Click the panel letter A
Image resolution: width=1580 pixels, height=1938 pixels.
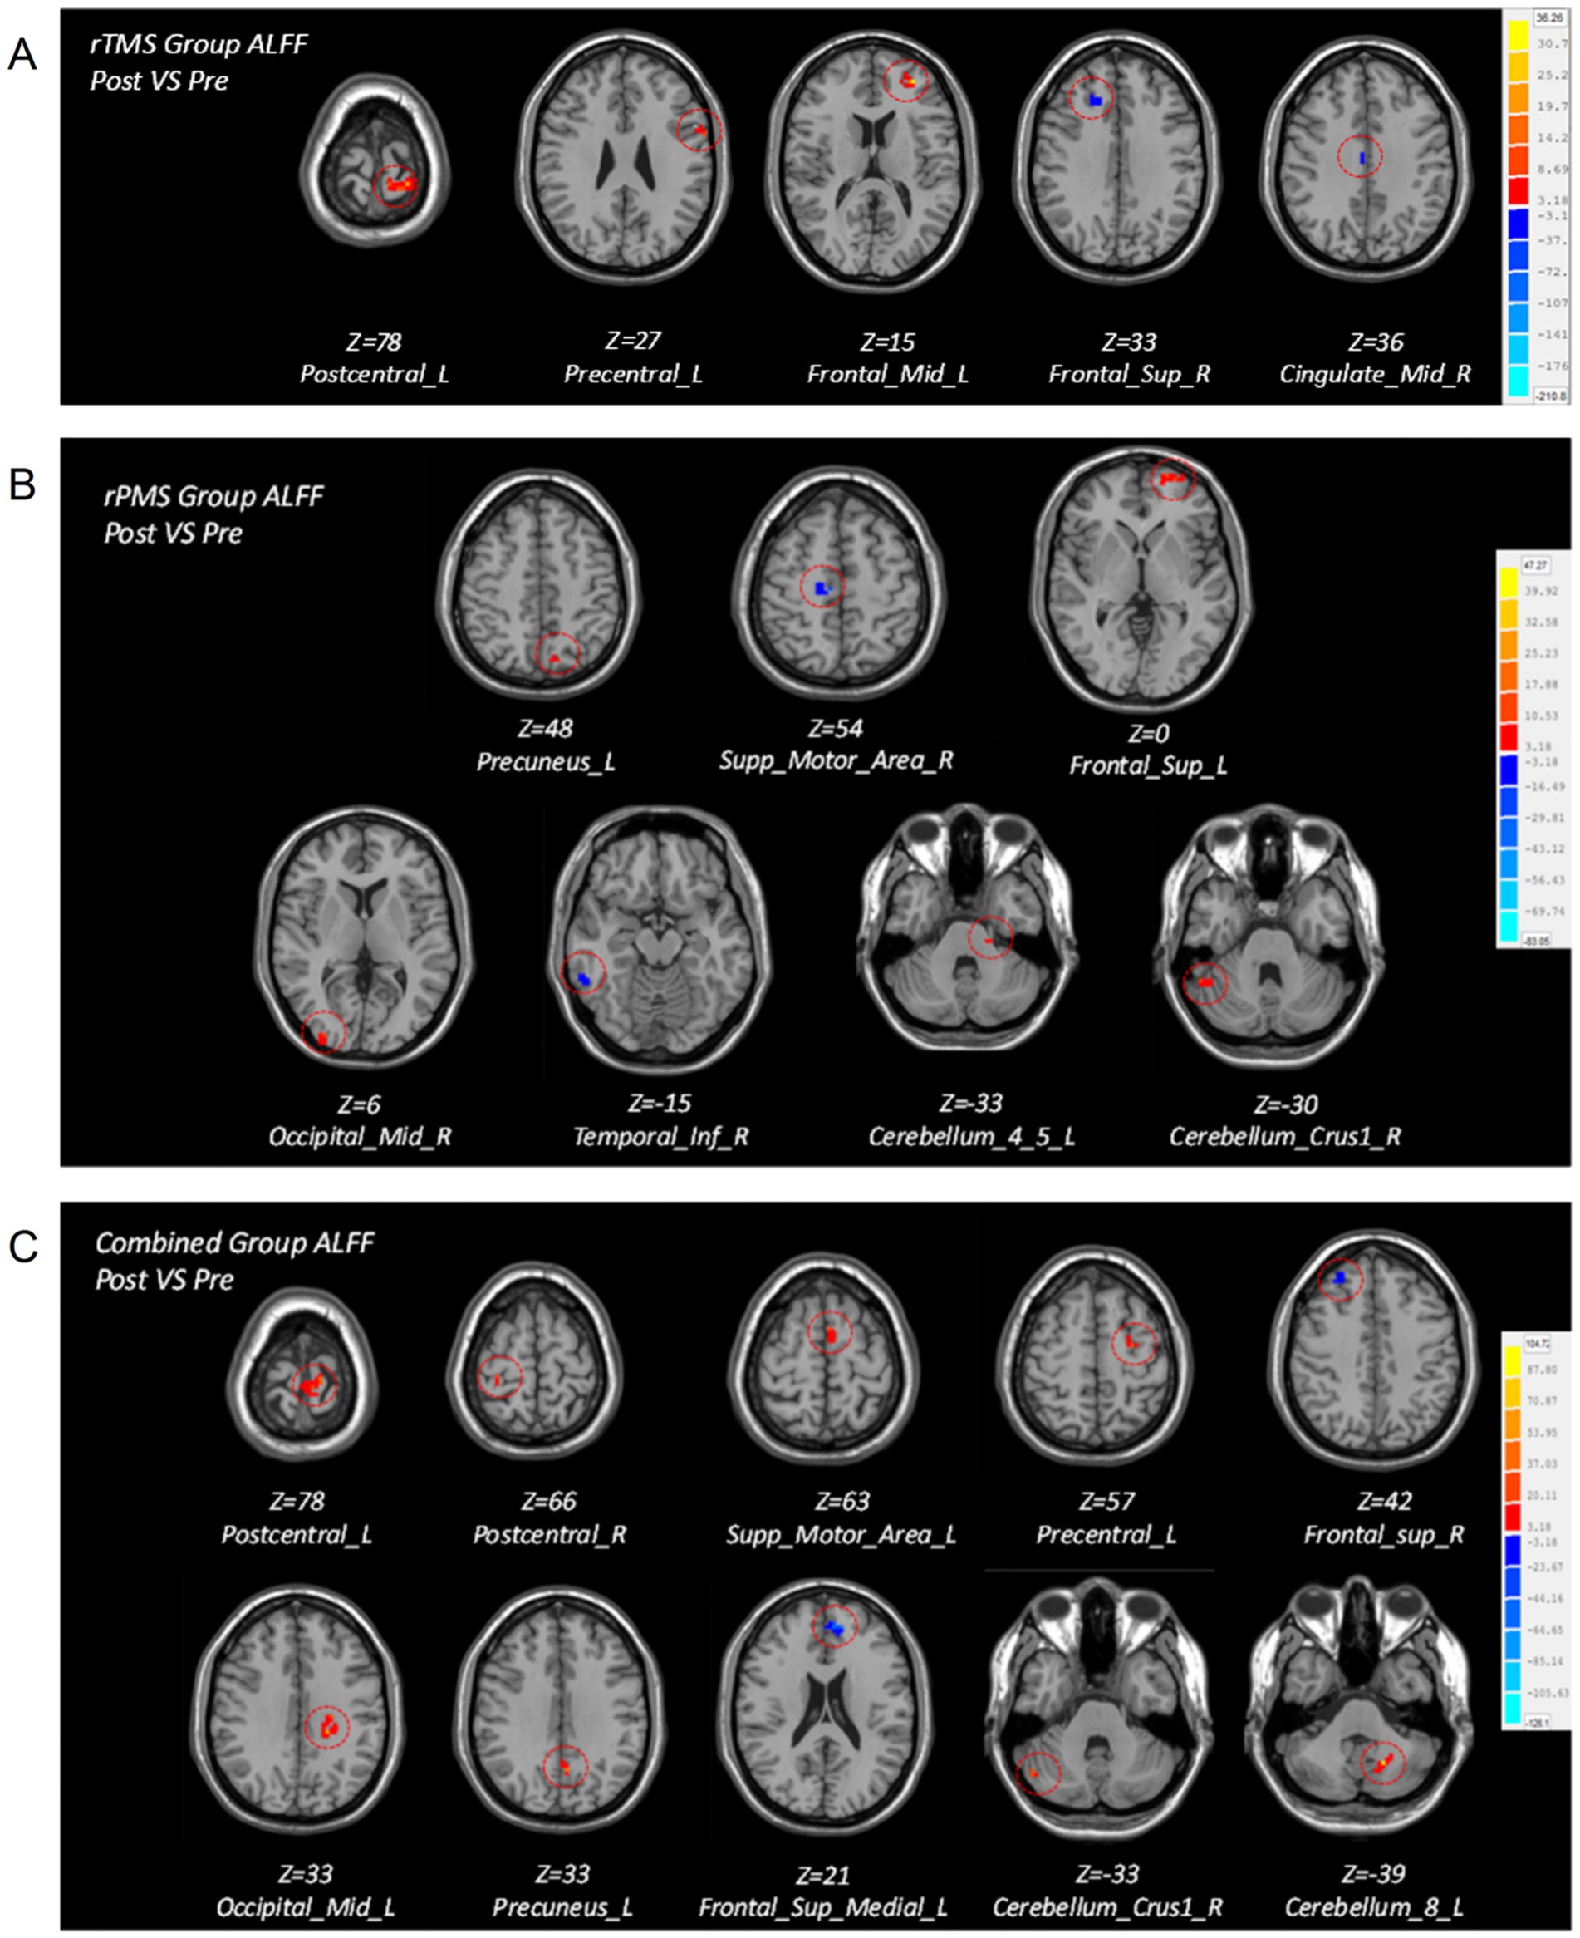(x=22, y=56)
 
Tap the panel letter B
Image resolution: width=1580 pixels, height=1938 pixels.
(x=22, y=485)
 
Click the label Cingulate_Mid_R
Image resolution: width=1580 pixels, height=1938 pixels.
(x=1374, y=374)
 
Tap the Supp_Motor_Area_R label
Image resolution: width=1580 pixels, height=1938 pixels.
(x=836, y=760)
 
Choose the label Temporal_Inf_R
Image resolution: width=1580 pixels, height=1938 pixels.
(x=660, y=1136)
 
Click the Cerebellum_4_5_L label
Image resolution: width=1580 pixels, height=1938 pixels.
(x=971, y=1136)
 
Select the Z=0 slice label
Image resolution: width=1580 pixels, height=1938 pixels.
(x=1148, y=733)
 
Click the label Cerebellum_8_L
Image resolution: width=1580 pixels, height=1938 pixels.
(x=1373, y=1907)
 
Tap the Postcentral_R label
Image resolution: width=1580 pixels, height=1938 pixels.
(x=549, y=1535)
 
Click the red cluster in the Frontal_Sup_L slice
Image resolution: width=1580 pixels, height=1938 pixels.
(x=1172, y=477)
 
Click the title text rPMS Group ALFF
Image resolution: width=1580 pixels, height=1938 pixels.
(x=213, y=496)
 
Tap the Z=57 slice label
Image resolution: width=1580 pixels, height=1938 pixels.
(x=1106, y=1501)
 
